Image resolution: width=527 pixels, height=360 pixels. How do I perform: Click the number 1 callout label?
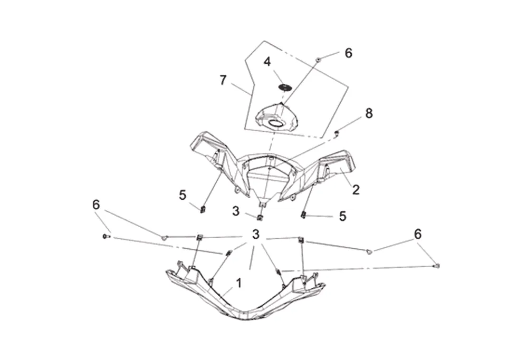238,283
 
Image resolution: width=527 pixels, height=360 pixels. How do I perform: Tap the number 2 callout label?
356,190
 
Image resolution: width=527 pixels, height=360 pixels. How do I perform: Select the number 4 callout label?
267,62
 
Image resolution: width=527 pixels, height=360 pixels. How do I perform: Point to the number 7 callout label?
223,80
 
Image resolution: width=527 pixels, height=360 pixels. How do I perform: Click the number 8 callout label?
369,113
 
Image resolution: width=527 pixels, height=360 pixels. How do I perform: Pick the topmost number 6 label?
348,53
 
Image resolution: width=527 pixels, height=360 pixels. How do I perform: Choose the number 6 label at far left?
96,205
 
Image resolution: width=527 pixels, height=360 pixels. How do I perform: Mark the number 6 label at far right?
418,234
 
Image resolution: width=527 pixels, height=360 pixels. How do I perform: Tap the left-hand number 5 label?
183,195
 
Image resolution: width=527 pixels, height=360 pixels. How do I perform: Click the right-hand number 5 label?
342,216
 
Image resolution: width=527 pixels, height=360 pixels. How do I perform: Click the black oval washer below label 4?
285,86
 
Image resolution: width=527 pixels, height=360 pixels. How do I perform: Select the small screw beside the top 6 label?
319,61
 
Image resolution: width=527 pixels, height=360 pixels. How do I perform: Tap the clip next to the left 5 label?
202,210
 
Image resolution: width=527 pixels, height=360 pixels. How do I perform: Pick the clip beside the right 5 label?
304,214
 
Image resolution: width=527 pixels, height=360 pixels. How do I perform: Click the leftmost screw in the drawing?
105,237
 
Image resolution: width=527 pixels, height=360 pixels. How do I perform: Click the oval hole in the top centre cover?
276,123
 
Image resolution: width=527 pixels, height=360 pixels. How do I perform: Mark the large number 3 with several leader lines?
256,235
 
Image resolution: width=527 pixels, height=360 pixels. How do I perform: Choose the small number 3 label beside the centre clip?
236,211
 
